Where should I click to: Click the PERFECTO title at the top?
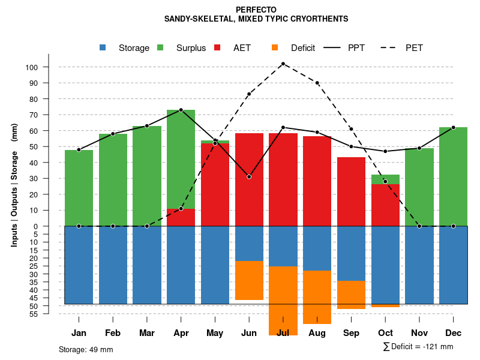[x=256, y=10]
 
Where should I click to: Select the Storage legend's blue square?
[x=103, y=48]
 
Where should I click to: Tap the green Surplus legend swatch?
[x=160, y=48]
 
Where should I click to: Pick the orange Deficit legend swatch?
[x=275, y=48]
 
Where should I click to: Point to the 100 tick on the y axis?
[x=32, y=67]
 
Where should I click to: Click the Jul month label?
[x=283, y=333]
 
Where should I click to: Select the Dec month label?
[x=453, y=333]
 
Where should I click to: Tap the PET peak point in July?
[x=283, y=64]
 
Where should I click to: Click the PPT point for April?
[x=181, y=110]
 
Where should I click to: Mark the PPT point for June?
[x=249, y=176]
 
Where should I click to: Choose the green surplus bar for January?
[x=79, y=188]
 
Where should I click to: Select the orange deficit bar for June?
[x=249, y=280]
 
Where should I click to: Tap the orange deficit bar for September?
[x=352, y=295]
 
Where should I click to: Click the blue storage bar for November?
[x=419, y=265]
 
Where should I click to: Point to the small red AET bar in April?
[x=181, y=217]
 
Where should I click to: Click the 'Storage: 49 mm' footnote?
[x=86, y=349]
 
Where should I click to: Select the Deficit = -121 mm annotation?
[x=418, y=347]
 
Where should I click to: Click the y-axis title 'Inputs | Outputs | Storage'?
[x=14, y=185]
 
